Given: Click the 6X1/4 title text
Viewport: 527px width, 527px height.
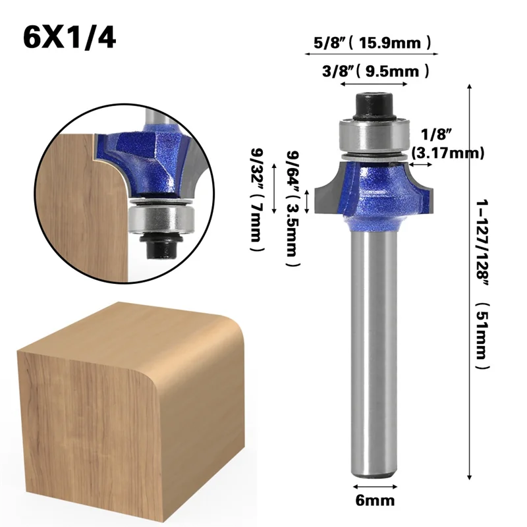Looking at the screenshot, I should pos(69,38).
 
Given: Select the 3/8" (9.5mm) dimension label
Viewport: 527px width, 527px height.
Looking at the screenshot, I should pos(373,70).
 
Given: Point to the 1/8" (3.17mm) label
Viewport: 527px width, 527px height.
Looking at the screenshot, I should pos(447,144).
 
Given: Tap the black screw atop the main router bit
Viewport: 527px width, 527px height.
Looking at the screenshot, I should pos(374,104).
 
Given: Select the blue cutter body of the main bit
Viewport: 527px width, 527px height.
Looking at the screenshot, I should pos(374,188).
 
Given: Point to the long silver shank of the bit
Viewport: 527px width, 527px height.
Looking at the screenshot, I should pos(374,349).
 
